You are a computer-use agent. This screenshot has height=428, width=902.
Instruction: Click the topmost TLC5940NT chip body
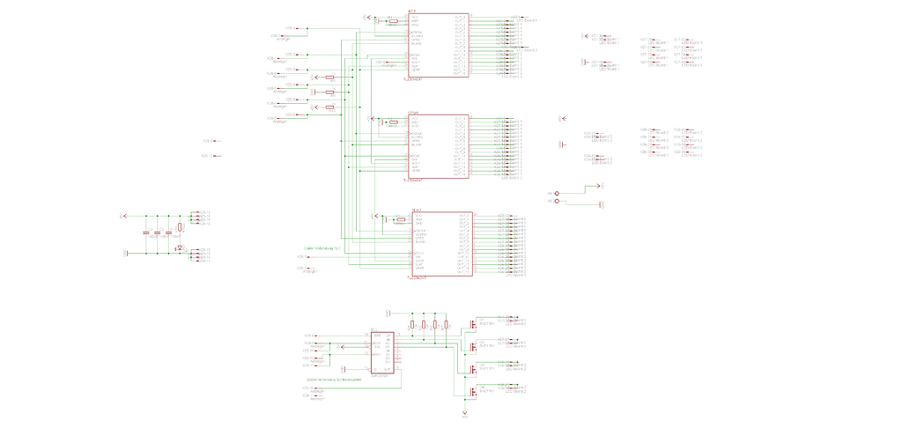(x=438, y=45)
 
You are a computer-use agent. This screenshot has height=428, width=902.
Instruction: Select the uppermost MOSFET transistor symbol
(x=473, y=323)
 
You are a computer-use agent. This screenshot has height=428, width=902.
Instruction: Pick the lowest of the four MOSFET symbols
(x=473, y=392)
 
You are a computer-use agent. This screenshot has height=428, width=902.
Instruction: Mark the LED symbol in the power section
(x=180, y=247)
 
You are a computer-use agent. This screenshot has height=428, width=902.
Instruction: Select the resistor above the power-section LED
(x=180, y=227)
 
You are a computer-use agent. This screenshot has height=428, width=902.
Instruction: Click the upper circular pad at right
(x=557, y=191)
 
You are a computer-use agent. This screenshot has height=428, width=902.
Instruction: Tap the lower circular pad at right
(x=557, y=202)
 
